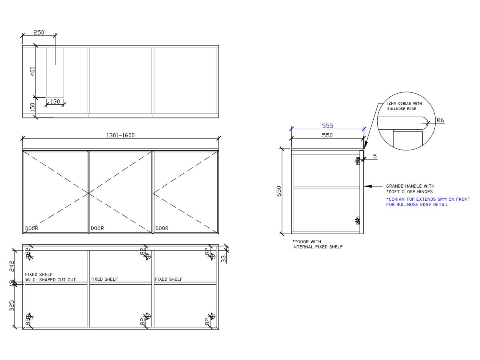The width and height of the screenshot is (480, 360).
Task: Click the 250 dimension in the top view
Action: click(x=39, y=33)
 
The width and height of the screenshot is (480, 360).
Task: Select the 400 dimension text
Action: click(x=33, y=71)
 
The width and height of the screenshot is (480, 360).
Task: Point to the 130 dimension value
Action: click(x=55, y=102)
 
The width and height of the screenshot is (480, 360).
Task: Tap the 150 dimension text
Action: click(x=33, y=107)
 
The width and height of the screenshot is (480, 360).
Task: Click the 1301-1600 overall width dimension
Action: click(x=120, y=135)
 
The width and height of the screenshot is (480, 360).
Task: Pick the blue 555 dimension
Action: click(x=328, y=126)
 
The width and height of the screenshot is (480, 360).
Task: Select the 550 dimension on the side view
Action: click(x=327, y=135)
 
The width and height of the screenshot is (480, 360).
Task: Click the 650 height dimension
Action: click(x=279, y=191)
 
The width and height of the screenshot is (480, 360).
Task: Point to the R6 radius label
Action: click(x=440, y=120)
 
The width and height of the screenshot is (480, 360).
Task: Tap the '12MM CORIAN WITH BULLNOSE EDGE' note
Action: click(x=404, y=106)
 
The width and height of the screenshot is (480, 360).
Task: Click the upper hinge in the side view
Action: click(x=358, y=161)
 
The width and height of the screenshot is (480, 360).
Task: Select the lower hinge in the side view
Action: click(x=358, y=220)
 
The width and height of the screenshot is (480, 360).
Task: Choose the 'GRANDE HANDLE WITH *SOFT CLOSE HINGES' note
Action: click(x=410, y=189)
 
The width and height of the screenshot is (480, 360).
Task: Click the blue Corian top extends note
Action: click(x=428, y=202)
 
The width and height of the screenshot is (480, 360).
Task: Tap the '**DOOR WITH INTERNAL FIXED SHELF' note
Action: click(x=317, y=244)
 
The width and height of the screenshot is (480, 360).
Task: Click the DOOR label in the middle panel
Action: click(x=97, y=228)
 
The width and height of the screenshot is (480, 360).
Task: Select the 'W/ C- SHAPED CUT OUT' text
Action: click(x=50, y=280)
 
